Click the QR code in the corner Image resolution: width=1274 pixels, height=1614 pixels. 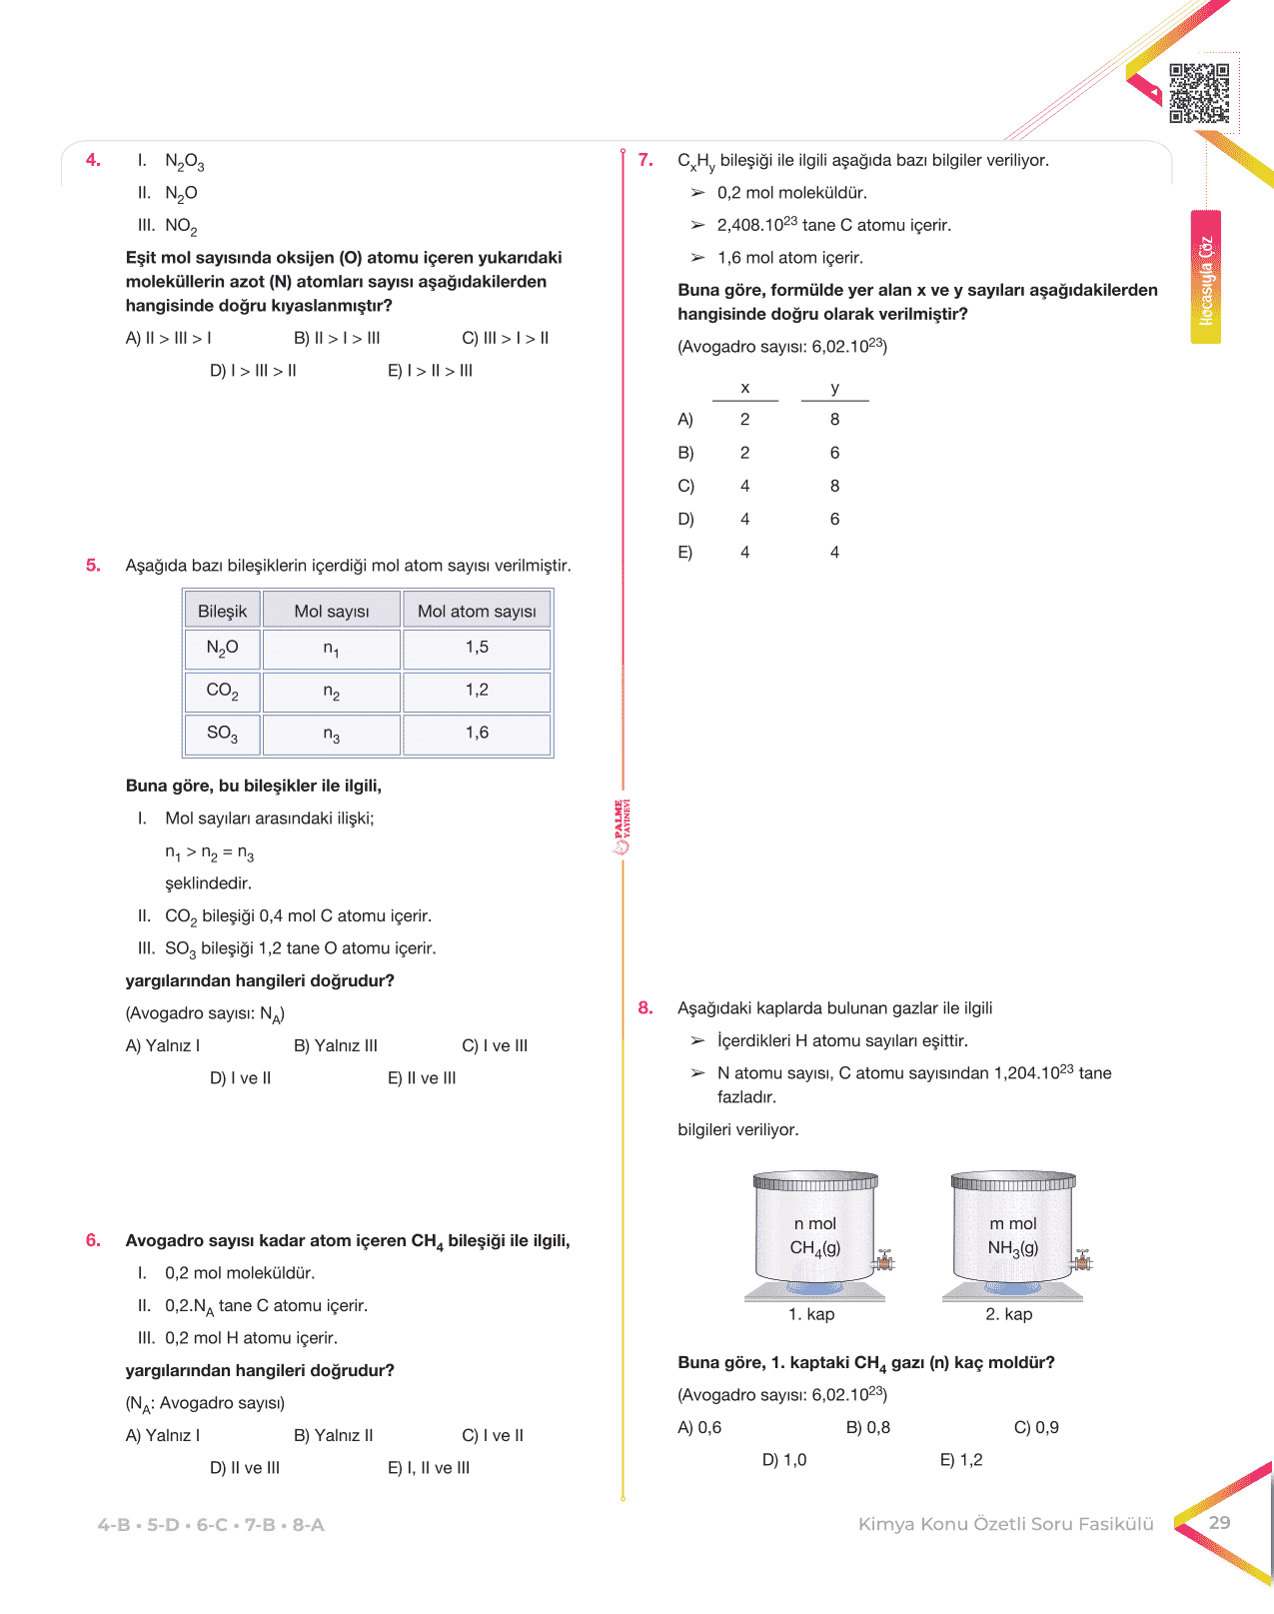pos(1199,93)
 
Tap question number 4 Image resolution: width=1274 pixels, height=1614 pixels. pos(93,160)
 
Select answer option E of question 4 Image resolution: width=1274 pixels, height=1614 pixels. pos(430,371)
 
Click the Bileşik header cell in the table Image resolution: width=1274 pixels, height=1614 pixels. pos(222,611)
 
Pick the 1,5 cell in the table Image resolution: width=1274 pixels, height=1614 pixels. pos(477,648)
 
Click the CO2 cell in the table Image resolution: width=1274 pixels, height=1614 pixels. pos(222,691)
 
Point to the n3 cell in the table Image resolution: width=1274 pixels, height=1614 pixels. pos(332,735)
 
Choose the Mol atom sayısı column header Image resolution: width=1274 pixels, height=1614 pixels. pos(477,611)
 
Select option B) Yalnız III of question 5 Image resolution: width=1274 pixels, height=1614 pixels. pos(336,1045)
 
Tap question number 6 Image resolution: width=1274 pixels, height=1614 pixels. pos(93,1240)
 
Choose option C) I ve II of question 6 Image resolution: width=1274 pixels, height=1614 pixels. pos(493,1435)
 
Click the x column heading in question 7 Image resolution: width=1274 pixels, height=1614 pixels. pos(744,388)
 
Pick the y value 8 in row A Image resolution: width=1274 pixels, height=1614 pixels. pos(834,420)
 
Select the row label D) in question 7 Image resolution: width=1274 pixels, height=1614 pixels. pos(685,519)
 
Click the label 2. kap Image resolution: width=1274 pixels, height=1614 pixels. pos(1009,1314)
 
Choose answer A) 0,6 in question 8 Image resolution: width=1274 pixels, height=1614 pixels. pos(699,1427)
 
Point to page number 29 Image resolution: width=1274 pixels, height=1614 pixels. pos(1219,1522)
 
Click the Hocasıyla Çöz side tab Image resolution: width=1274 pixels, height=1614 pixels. pos(1206,278)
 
